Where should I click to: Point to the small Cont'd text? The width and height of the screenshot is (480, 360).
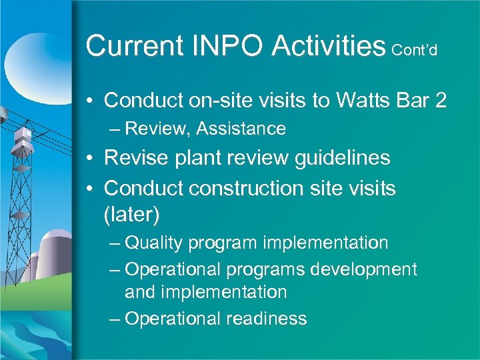(415, 51)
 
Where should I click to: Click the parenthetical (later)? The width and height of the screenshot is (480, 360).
(132, 215)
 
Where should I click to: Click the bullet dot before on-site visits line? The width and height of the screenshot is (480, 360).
(91, 101)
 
